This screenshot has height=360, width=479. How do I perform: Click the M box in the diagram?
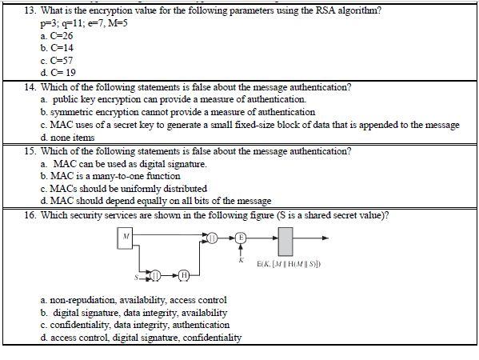coord(126,237)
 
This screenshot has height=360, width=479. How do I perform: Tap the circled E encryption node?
coord(241,237)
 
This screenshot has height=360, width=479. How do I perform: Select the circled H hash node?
coord(183,276)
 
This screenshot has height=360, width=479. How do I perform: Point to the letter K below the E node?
coord(241,259)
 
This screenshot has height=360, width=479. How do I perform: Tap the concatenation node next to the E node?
coord(212,237)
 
